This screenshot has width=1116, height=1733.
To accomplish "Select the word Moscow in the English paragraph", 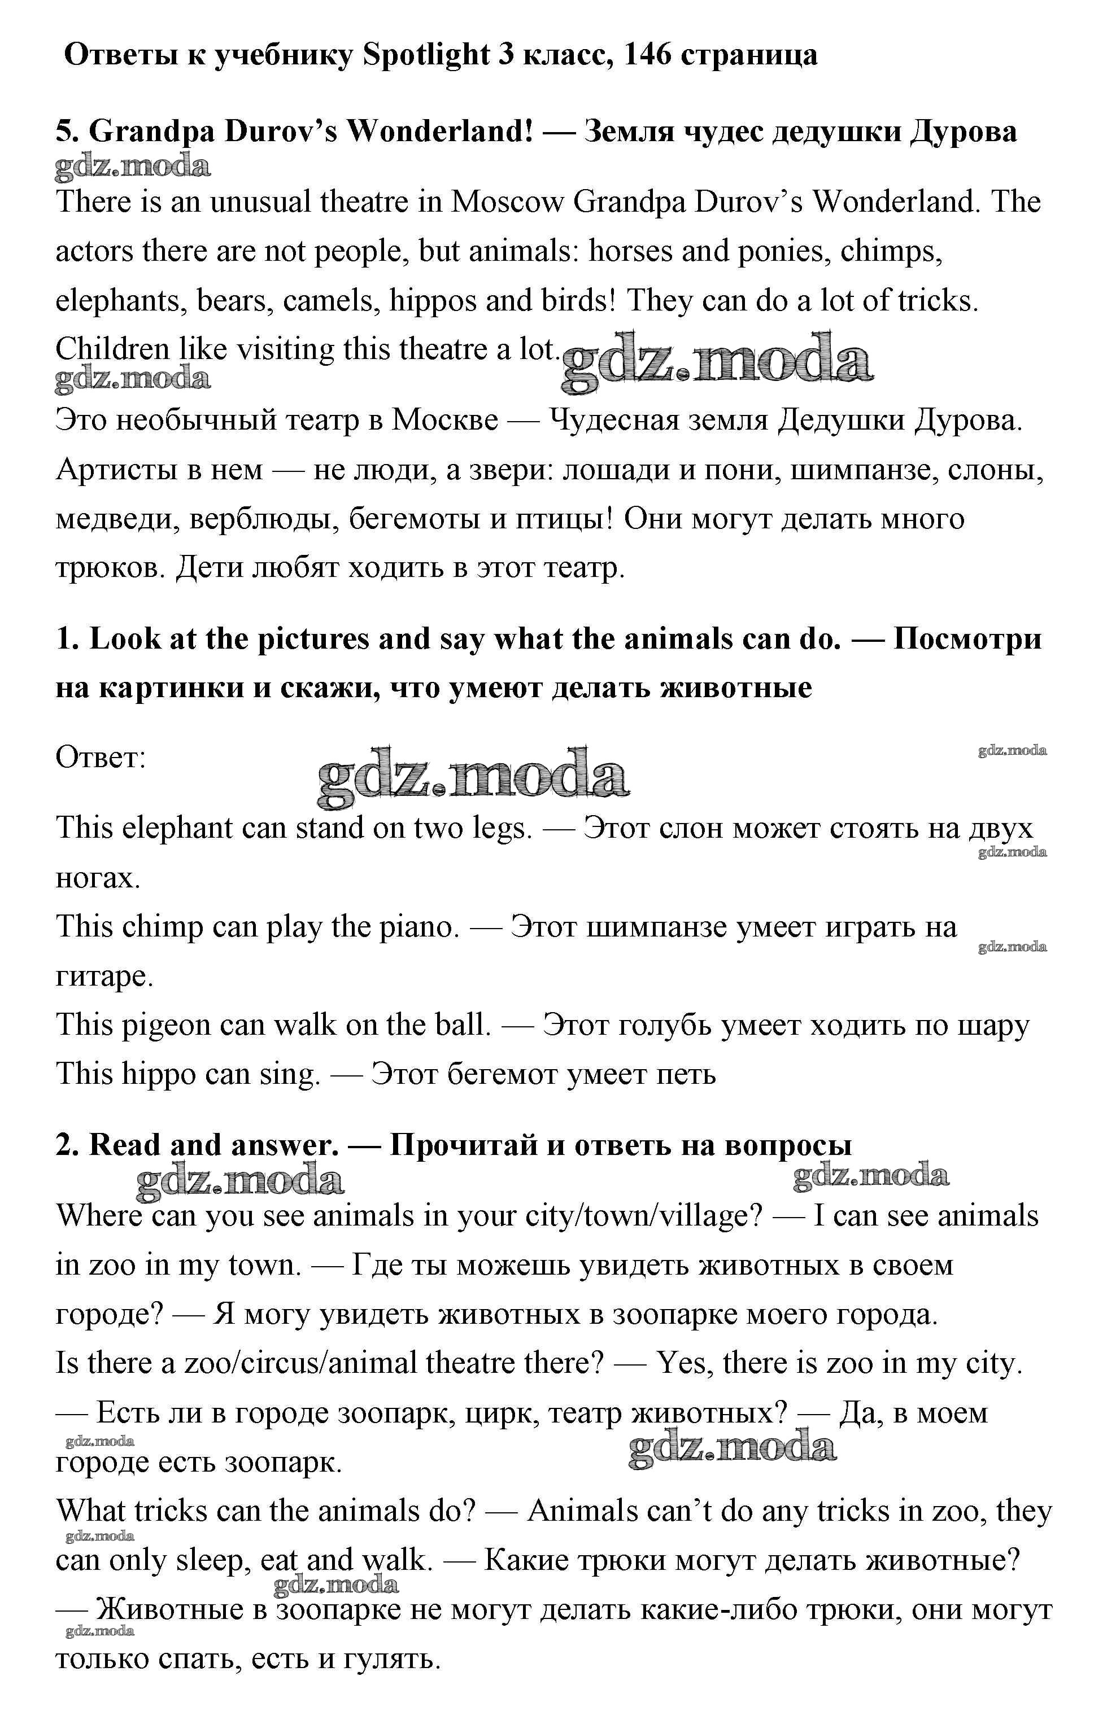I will (507, 202).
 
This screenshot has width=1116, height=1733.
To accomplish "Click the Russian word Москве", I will (445, 421).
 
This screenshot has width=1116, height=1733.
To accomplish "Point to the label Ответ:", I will (101, 758).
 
